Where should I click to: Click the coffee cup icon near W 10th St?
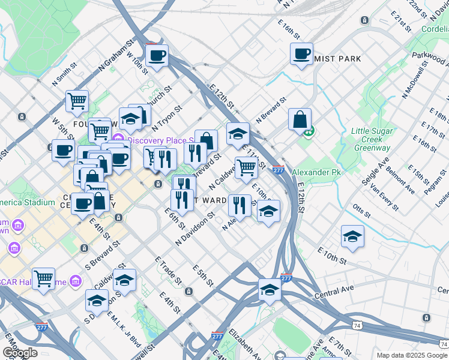pos(157,56)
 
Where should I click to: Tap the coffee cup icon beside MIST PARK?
pos(301,53)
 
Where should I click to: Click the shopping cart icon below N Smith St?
pos(77,101)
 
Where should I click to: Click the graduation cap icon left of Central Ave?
pos(270,289)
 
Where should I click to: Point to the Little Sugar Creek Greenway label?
pos(372,140)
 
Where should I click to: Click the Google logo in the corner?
pos(19,353)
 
